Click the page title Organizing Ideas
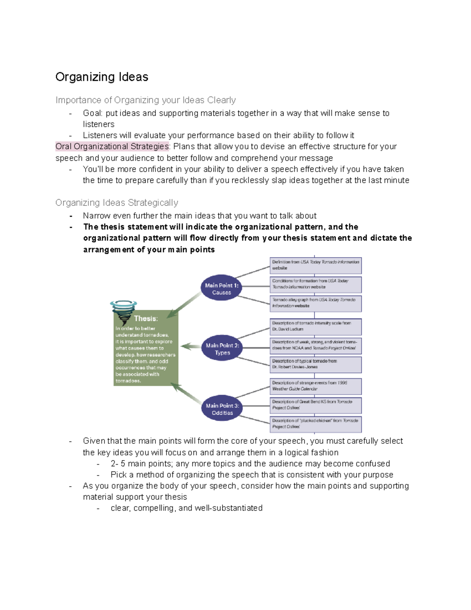(102, 77)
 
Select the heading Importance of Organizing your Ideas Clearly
(146, 100)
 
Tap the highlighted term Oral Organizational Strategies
(112, 147)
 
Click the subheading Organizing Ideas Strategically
(117, 203)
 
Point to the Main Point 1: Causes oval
(221, 289)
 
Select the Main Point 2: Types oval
(222, 349)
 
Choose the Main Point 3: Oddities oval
(222, 409)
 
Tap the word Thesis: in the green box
(146, 319)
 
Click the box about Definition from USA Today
(316, 265)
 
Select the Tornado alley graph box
(316, 303)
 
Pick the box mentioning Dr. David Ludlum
(316, 326)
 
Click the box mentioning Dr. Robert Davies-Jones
(316, 364)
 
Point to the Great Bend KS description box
(316, 405)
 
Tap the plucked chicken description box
(316, 424)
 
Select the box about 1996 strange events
(316, 386)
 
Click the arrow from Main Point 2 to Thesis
(191, 346)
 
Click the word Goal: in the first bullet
(93, 114)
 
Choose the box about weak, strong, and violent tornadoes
(316, 345)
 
